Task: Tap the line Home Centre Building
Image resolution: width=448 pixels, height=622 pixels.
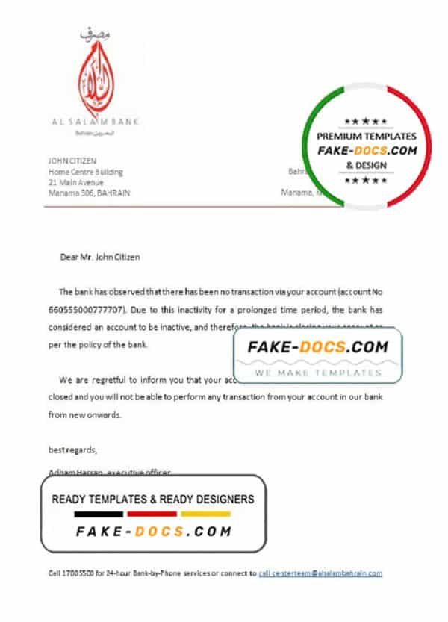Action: pyautogui.click(x=85, y=172)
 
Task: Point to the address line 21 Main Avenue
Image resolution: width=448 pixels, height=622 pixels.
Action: pyautogui.click(x=75, y=182)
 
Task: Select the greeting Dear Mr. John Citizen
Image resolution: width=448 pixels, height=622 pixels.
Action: pyautogui.click(x=99, y=257)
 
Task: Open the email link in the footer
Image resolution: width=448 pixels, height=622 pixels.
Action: pyautogui.click(x=321, y=573)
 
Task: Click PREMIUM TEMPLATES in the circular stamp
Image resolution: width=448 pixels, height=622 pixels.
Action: pyautogui.click(x=367, y=137)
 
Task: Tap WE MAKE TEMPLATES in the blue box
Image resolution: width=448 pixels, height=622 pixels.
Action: pyautogui.click(x=317, y=372)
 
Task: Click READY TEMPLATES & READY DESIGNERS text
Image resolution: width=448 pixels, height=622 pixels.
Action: pyautogui.click(x=152, y=499)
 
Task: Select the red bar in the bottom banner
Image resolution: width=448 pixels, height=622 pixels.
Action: pyautogui.click(x=152, y=514)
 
